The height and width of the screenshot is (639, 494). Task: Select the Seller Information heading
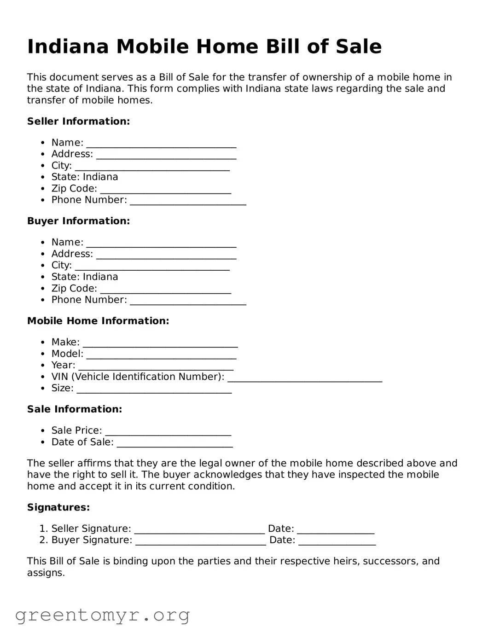[x=78, y=122]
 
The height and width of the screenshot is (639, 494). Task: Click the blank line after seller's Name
[x=161, y=144]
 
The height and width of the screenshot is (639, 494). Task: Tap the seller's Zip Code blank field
[x=165, y=190]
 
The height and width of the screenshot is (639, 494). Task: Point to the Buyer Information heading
[x=78, y=221]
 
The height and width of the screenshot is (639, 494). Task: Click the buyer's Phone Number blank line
[x=188, y=301]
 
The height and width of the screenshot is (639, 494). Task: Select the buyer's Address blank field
[x=166, y=255]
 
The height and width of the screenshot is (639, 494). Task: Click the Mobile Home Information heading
[x=98, y=321]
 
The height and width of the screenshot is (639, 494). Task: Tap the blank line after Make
[x=160, y=343]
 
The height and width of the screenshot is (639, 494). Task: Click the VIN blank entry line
[x=305, y=378]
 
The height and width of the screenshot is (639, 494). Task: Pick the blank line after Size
[x=154, y=389]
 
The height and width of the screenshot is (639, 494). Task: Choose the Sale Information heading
[x=75, y=409]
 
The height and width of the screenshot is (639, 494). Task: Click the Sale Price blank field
[x=168, y=431]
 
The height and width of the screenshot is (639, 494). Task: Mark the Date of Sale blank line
[x=174, y=443]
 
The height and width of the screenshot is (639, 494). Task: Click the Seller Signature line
[x=199, y=529]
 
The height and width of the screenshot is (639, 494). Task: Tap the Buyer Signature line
[x=201, y=541]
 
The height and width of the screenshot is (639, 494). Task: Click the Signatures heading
[x=58, y=507]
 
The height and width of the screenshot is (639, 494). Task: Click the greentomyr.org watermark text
[x=103, y=615]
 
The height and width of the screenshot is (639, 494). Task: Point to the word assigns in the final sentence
[x=46, y=573]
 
